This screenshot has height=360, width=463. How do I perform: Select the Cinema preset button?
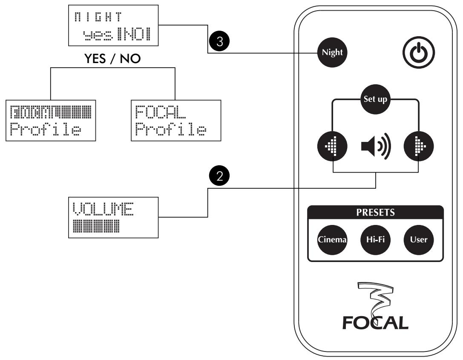(x=333, y=239)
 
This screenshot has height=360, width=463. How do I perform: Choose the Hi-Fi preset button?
(x=374, y=239)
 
